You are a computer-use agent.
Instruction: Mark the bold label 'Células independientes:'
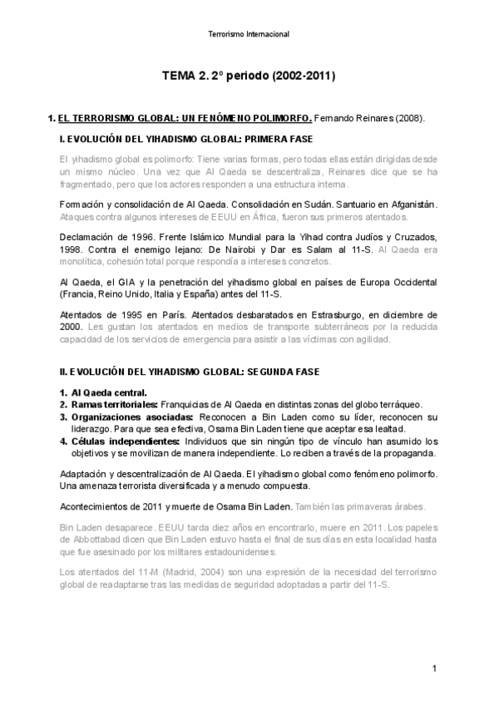126,441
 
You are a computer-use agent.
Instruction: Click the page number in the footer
434,668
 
